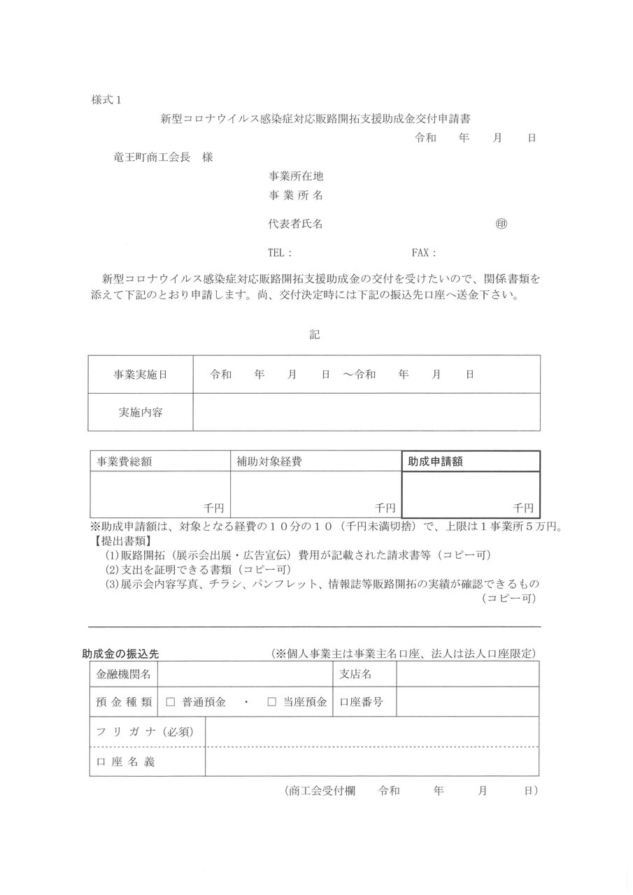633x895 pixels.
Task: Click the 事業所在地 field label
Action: click(296, 176)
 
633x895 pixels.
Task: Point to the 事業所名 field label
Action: click(296, 194)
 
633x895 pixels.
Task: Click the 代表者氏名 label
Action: click(296, 224)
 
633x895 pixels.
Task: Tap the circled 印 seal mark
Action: click(501, 224)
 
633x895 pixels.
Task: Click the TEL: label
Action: click(280, 253)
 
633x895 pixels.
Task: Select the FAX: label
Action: click(424, 253)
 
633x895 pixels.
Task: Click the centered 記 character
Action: click(315, 335)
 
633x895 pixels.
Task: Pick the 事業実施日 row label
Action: click(141, 375)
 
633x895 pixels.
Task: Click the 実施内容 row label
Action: click(141, 412)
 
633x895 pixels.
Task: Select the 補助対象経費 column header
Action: click(269, 461)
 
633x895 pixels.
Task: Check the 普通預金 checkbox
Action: click(171, 701)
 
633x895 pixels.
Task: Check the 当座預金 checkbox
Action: click(272, 701)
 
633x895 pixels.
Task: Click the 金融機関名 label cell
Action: click(123, 674)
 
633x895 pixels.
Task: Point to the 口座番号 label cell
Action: click(361, 701)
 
